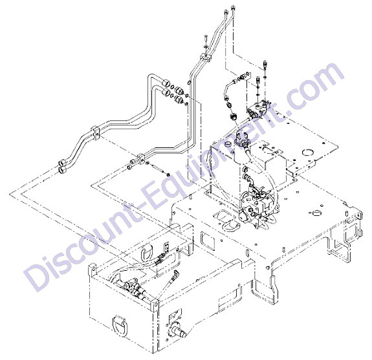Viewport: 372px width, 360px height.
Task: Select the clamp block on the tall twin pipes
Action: click(205, 58)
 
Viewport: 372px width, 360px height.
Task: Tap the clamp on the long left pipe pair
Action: click(95, 132)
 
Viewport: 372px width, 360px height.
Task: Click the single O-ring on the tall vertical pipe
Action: click(189, 82)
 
